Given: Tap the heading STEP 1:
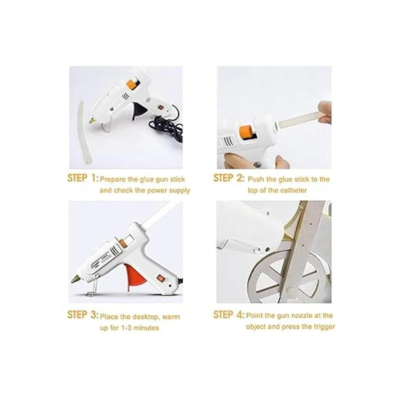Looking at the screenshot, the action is click(82, 178).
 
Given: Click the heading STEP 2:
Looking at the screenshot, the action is click(229, 178).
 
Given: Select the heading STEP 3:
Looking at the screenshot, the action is click(82, 314).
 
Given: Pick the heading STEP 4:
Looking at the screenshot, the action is click(229, 314).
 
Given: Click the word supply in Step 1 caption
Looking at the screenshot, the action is click(179, 191).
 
